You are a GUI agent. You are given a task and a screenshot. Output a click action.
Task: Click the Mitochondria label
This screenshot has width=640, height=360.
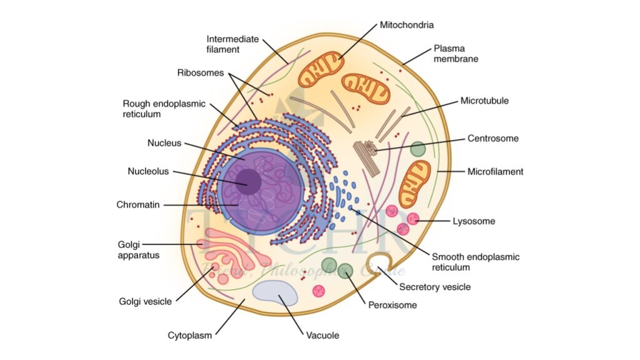[x=406, y=25]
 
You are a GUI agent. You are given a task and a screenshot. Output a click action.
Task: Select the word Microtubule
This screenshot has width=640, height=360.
[x=484, y=100]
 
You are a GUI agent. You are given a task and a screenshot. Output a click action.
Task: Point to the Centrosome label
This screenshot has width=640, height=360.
[x=493, y=138]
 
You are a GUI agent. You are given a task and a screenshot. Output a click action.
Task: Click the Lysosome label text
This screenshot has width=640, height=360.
[x=474, y=221]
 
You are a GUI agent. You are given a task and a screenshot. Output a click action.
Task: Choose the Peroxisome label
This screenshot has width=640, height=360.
[x=392, y=305]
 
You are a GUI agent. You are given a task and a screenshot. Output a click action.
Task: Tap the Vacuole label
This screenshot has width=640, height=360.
[x=322, y=336]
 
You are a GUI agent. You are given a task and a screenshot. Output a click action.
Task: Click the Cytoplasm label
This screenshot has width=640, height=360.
[x=190, y=335]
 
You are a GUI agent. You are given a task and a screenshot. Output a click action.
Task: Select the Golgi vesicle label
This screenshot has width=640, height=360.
[x=145, y=301]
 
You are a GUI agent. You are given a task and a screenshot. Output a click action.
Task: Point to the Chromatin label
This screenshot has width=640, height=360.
[x=137, y=204]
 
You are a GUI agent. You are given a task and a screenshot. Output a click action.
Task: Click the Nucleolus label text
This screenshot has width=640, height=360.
[x=148, y=171]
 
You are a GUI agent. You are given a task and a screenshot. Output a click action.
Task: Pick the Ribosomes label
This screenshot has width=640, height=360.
[x=200, y=72]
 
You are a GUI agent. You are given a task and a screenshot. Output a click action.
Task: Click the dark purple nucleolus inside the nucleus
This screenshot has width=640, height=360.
[x=249, y=181]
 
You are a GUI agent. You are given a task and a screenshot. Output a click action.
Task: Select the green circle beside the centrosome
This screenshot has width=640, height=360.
[x=417, y=149]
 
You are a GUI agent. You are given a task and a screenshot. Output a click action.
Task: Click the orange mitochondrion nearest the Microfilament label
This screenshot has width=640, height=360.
[x=415, y=183]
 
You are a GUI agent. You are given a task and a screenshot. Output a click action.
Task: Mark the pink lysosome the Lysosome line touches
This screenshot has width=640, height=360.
[x=413, y=219]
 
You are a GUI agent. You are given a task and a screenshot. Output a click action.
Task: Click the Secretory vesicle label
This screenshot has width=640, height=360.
[x=434, y=287]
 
